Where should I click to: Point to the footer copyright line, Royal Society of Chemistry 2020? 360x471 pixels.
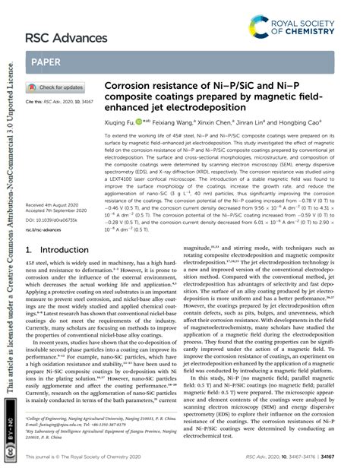click(x=84, y=457)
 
